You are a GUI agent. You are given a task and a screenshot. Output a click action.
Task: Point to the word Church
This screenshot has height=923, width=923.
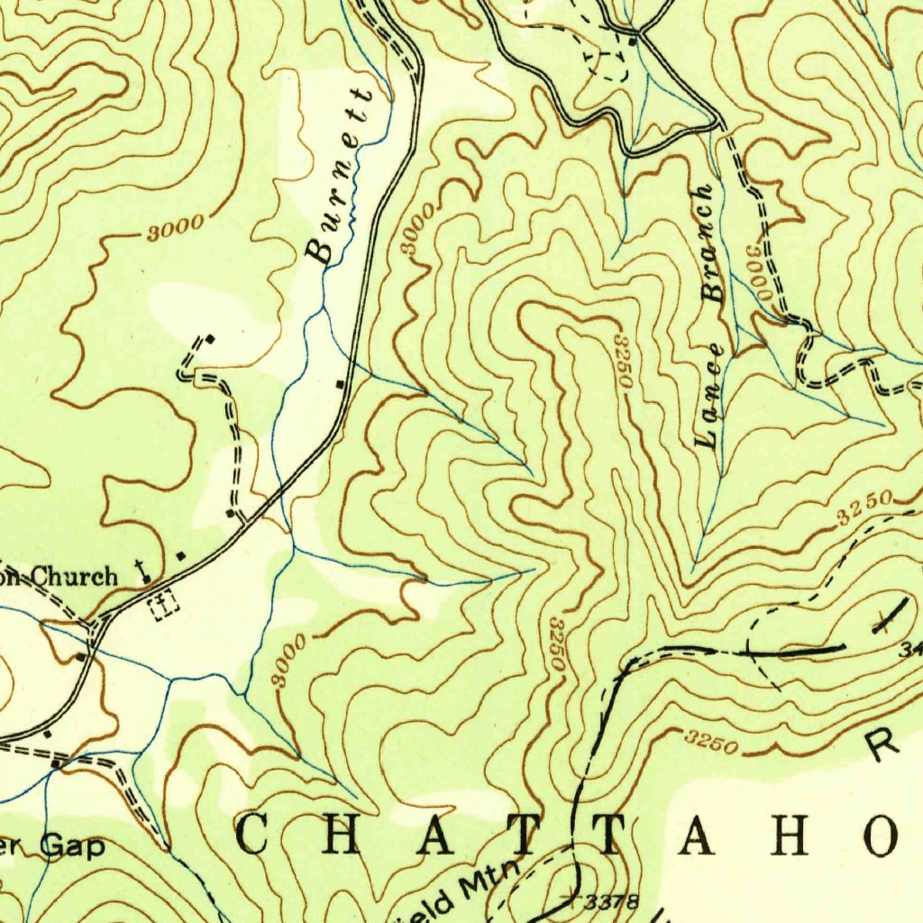(76, 576)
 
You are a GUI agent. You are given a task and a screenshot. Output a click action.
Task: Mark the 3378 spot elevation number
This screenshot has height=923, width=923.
(611, 900)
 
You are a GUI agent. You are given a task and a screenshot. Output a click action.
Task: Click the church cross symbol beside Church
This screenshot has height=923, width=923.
(141, 570)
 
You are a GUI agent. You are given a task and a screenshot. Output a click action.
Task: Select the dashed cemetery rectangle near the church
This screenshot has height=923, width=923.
(164, 603)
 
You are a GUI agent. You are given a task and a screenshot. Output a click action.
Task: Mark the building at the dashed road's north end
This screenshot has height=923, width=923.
(210, 339)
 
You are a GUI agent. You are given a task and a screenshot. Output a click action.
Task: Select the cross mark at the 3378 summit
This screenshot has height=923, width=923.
(568, 897)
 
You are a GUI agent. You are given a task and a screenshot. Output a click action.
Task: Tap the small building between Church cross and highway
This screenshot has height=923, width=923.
(181, 556)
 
